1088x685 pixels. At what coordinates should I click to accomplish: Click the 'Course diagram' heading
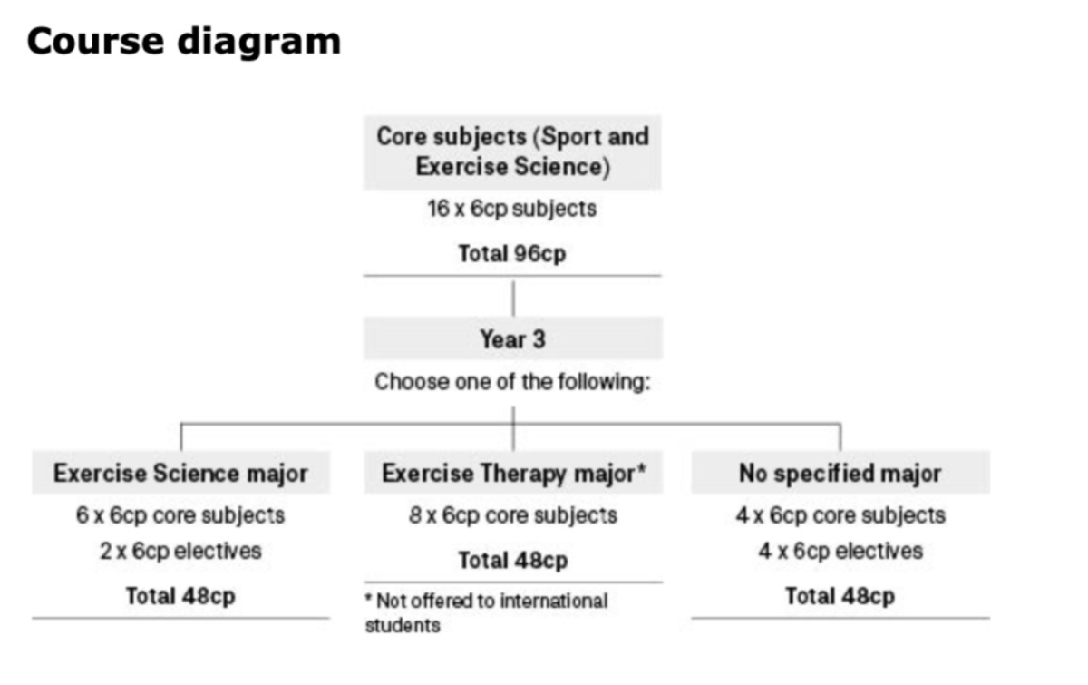click(x=184, y=42)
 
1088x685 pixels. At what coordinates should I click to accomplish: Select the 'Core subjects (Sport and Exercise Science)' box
click(x=512, y=152)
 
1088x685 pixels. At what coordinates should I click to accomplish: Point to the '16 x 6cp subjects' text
click(x=512, y=209)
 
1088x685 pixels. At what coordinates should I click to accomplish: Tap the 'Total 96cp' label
click(x=512, y=253)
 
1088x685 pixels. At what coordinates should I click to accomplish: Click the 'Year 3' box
click(x=512, y=339)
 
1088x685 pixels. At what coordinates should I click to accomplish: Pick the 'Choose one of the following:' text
click(x=512, y=381)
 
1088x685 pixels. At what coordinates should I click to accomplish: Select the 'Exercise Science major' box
click(x=180, y=473)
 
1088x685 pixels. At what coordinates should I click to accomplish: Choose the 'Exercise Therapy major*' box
click(x=513, y=473)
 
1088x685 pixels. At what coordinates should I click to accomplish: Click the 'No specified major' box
click(x=840, y=473)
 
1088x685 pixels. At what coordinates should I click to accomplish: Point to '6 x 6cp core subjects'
click(x=180, y=515)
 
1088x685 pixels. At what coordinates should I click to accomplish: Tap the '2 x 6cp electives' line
click(x=180, y=551)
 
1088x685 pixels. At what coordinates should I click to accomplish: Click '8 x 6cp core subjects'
click(x=513, y=515)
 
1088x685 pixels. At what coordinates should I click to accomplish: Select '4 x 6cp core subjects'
click(x=840, y=515)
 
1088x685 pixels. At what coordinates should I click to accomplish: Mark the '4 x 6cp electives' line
click(x=840, y=551)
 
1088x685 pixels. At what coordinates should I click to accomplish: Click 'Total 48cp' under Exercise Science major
click(x=180, y=596)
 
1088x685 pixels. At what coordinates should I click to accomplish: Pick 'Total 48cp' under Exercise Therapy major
click(x=513, y=560)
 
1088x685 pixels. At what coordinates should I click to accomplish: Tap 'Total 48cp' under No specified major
click(x=840, y=596)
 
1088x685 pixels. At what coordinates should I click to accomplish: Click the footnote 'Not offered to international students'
click(x=487, y=612)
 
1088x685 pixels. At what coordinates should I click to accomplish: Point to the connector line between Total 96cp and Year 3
click(x=513, y=297)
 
